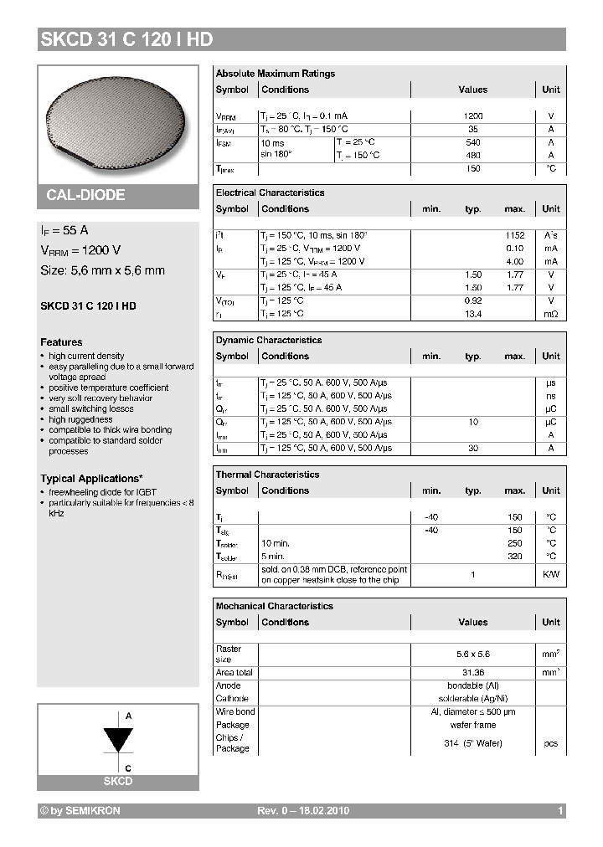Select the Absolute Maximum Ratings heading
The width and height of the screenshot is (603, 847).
tap(275, 74)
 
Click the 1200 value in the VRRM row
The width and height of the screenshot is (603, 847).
tap(472, 116)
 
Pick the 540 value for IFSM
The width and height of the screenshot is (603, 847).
tap(472, 142)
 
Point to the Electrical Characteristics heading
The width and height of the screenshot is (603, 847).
tap(270, 192)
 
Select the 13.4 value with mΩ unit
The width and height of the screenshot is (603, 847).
tap(472, 314)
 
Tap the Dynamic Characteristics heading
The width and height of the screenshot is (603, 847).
tap(268, 341)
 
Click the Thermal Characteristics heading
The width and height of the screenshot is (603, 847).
tap(267, 475)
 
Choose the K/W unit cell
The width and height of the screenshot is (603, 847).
tap(550, 574)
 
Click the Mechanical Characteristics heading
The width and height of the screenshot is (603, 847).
tap(274, 606)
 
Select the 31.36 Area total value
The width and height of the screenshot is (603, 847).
tap(472, 672)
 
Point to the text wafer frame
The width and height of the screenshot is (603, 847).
tap(472, 725)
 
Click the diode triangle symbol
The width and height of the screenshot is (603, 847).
tap(118, 740)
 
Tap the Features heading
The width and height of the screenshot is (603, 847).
tap(61, 342)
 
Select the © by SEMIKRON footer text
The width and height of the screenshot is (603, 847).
tap(80, 811)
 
